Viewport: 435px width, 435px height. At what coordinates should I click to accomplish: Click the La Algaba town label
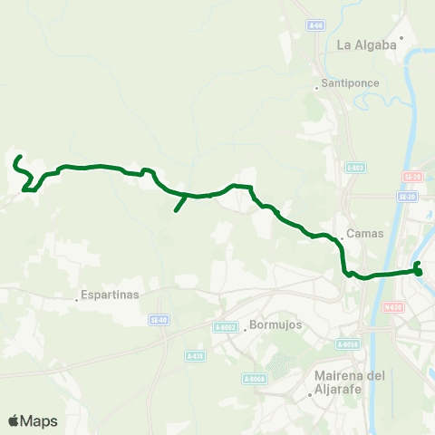(x=367, y=44)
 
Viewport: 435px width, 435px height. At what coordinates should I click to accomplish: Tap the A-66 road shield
(x=314, y=25)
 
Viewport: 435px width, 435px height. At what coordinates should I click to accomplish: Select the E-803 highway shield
(x=355, y=167)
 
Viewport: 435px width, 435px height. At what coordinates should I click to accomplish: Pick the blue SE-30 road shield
(x=407, y=196)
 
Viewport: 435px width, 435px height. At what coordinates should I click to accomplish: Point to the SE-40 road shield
(x=159, y=319)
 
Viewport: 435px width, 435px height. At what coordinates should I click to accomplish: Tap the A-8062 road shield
(x=225, y=327)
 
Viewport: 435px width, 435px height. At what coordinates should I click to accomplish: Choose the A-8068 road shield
(x=254, y=379)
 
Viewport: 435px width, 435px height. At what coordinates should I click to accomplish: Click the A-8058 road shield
(x=348, y=343)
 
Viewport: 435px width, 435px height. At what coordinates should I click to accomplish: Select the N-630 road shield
(x=392, y=306)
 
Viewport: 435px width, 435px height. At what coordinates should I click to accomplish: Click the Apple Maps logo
(x=33, y=420)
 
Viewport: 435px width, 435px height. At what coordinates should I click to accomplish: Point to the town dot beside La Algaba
(x=401, y=38)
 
